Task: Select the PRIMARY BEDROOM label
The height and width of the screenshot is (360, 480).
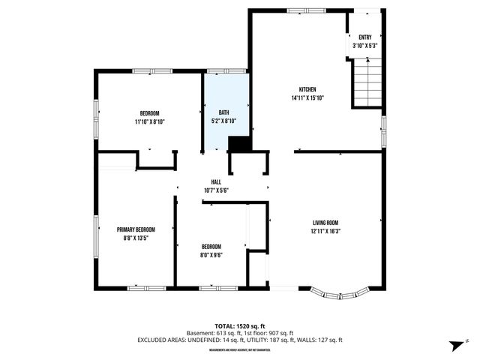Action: [136, 229]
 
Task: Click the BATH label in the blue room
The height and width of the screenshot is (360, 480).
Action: [223, 112]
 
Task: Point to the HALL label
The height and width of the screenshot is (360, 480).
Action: [216, 182]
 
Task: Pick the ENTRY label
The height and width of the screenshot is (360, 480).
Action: [365, 37]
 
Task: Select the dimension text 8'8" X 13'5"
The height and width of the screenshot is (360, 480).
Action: [136, 238]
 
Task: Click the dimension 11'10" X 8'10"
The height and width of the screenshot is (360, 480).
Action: [150, 121]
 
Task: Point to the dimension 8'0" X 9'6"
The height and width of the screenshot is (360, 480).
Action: [211, 255]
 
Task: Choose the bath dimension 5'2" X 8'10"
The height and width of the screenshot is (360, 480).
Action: [223, 121]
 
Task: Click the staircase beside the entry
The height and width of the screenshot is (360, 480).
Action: [367, 82]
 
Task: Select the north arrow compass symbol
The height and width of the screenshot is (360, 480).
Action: [454, 345]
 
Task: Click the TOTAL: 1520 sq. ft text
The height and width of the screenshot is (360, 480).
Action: [240, 326]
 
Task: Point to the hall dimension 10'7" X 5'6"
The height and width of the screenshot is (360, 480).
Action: [216, 190]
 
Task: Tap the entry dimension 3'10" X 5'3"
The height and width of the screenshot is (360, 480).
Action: [365, 46]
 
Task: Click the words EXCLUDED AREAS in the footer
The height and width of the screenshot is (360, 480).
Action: [159, 340]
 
